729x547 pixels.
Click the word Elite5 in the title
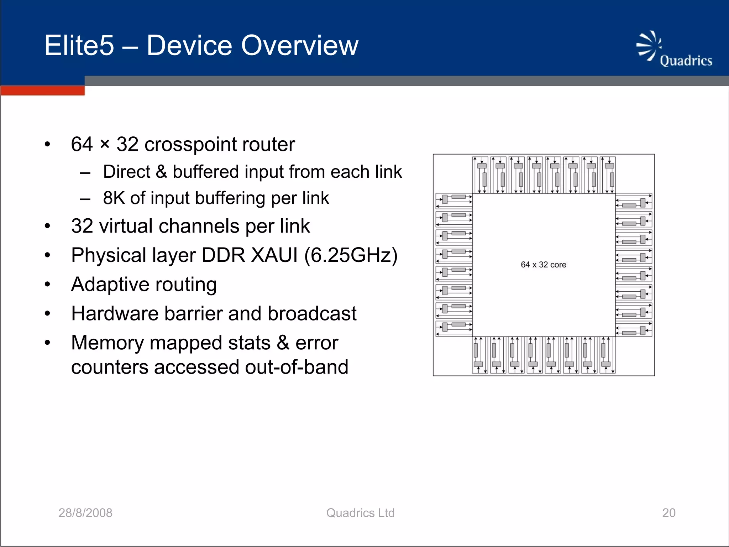pyautogui.click(x=79, y=46)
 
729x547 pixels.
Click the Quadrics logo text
pyautogui.click(x=686, y=61)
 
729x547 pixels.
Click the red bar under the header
pyautogui.click(x=42, y=90)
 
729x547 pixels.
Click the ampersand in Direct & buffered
pyautogui.click(x=161, y=172)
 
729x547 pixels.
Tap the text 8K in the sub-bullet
pyautogui.click(x=114, y=198)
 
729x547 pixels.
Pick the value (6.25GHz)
pyautogui.click(x=351, y=255)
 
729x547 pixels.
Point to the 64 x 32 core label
pyautogui.click(x=543, y=265)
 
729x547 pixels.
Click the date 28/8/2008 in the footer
pyautogui.click(x=85, y=513)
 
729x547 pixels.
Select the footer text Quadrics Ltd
pyautogui.click(x=360, y=513)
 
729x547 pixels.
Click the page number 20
pyautogui.click(x=668, y=513)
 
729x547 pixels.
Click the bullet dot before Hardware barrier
pyautogui.click(x=47, y=314)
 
